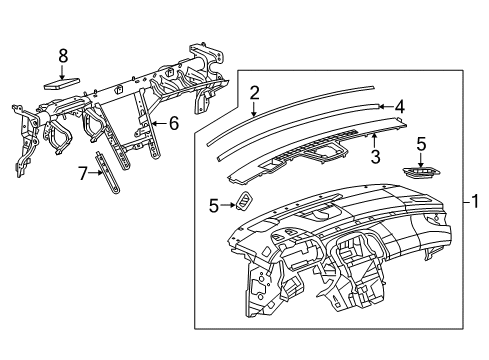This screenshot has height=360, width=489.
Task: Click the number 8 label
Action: point(62,55)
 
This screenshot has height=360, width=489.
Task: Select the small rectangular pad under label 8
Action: point(63,82)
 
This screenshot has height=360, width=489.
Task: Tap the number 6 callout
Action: point(172,124)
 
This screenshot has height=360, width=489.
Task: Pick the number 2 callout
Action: point(254,93)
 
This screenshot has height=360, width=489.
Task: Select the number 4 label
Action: point(398,105)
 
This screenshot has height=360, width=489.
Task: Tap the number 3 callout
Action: point(376,157)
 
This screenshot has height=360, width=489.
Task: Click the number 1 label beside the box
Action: point(475,201)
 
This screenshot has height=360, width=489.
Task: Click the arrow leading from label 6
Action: point(160,124)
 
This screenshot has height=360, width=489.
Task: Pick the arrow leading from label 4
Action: point(385,105)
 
